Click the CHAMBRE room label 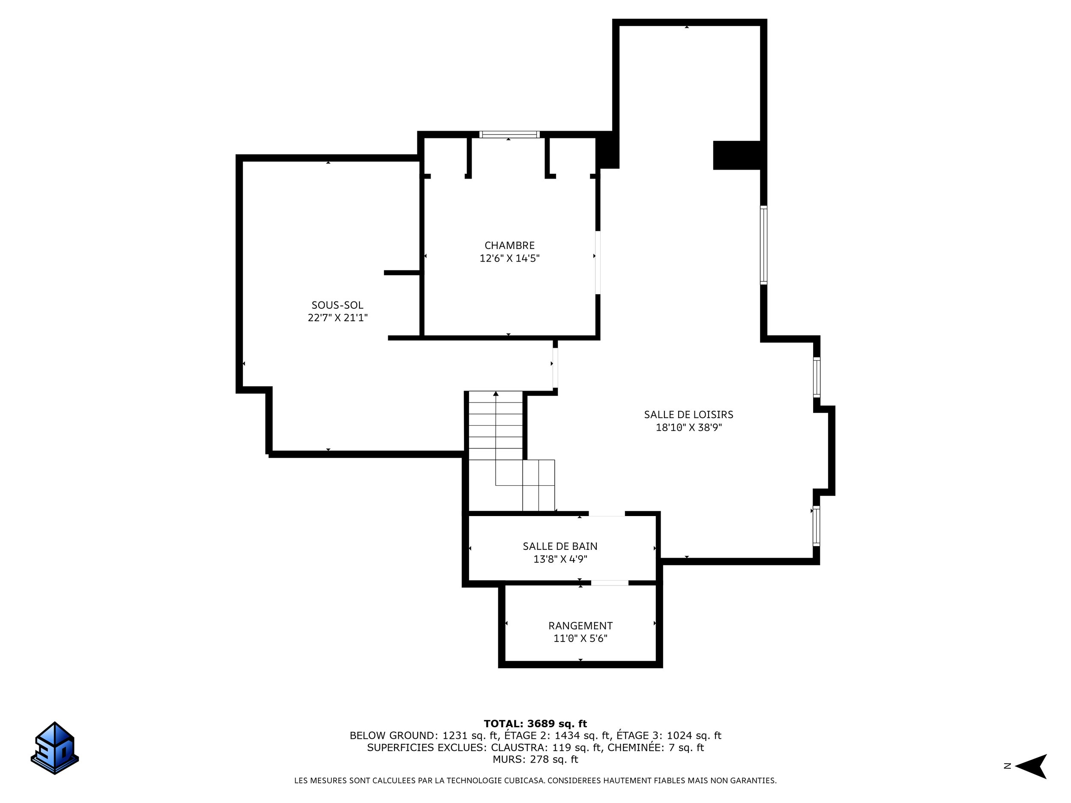pyautogui.click(x=509, y=245)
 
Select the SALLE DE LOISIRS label pyautogui.click(x=688, y=414)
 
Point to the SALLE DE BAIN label pyautogui.click(x=560, y=546)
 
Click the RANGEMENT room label pyautogui.click(x=580, y=625)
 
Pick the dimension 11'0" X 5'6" pyautogui.click(x=580, y=639)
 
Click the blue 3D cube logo pyautogui.click(x=55, y=748)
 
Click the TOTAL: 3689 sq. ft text pyautogui.click(x=535, y=724)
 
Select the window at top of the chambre pyautogui.click(x=509, y=134)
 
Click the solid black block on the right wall pyautogui.click(x=736, y=155)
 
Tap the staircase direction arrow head pyautogui.click(x=496, y=394)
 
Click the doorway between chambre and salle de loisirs pyautogui.click(x=598, y=263)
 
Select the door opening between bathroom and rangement pyautogui.click(x=610, y=583)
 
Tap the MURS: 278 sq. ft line pyautogui.click(x=535, y=759)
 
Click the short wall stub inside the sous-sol pyautogui.click(x=402, y=273)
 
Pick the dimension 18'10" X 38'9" pyautogui.click(x=688, y=427)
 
